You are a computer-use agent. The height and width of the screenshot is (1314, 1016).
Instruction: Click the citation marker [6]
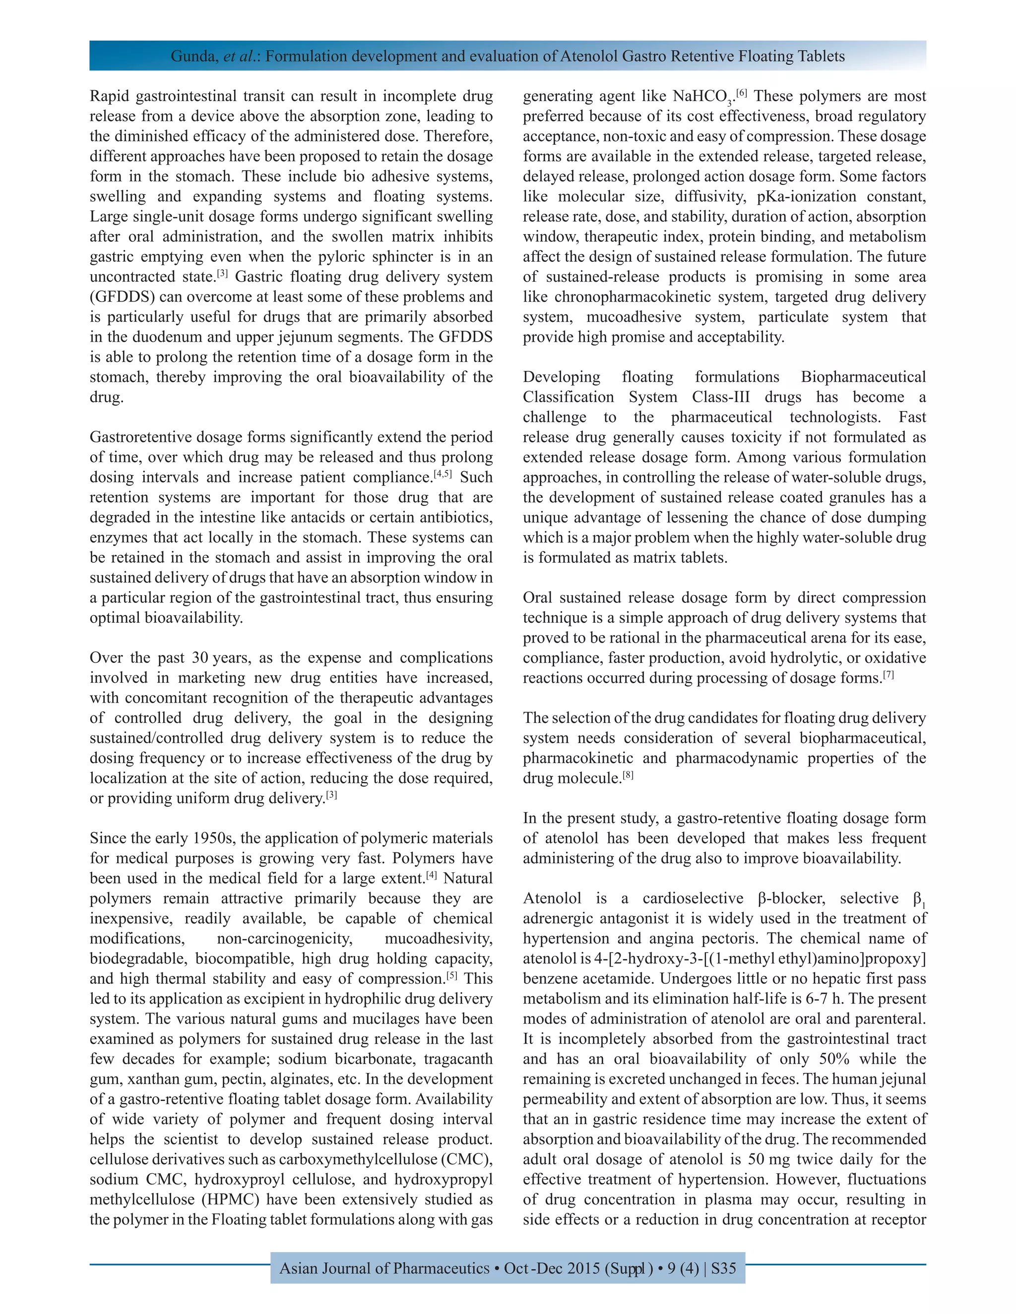coord(742,93)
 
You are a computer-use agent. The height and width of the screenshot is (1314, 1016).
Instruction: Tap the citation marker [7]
coord(889,675)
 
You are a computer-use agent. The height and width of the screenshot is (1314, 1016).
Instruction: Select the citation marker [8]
coord(628,776)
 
